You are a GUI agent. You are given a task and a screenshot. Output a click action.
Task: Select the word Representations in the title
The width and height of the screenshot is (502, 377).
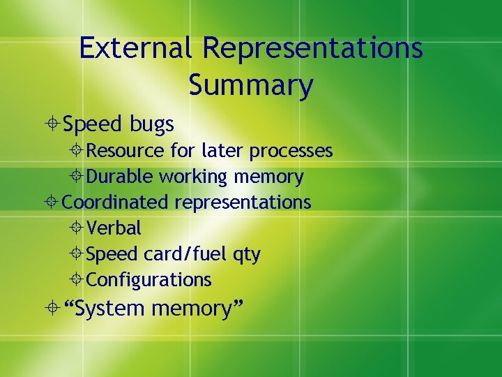click(x=313, y=48)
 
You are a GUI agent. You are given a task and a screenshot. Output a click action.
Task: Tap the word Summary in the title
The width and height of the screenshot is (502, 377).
click(x=250, y=85)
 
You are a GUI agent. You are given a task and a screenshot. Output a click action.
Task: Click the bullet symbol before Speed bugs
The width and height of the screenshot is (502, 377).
click(x=53, y=125)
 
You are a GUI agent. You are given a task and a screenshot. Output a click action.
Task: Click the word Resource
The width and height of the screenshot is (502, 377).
click(x=125, y=151)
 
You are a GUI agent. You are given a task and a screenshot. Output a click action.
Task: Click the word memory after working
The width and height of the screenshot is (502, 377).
click(x=268, y=177)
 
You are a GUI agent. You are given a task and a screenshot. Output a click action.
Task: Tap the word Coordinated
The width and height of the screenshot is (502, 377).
click(x=115, y=202)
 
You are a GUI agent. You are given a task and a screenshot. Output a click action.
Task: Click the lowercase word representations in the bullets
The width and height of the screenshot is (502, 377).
click(x=243, y=203)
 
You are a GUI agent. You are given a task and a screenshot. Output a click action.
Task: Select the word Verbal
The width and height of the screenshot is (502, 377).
click(x=114, y=228)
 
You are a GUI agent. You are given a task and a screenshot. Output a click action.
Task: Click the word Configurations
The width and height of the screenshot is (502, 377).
click(x=149, y=280)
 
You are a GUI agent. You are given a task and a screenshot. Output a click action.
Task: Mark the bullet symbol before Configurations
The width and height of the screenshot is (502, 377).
click(x=77, y=280)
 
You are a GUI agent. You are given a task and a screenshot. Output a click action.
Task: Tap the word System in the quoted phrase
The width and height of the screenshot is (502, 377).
click(x=110, y=308)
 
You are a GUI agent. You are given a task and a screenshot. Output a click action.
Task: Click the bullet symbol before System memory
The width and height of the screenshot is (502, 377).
click(x=53, y=308)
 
